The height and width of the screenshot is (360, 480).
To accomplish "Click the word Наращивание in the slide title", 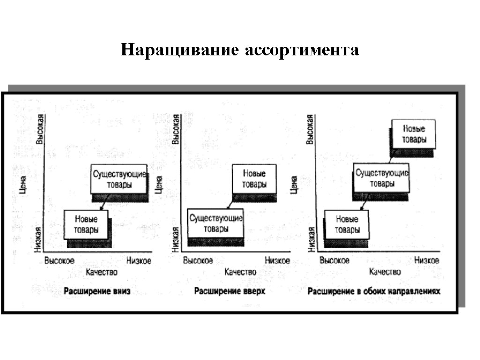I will (x=180, y=50).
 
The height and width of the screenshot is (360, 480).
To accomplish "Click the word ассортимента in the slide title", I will (x=301, y=50).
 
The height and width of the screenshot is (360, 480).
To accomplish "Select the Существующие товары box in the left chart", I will (x=120, y=179).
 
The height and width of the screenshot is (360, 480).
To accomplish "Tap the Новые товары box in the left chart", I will (x=86, y=225).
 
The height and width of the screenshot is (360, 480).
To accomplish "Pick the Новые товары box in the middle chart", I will (x=254, y=179).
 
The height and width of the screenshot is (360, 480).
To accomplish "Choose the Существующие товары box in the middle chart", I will (x=216, y=224).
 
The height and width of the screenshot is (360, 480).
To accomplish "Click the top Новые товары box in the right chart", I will (x=413, y=134).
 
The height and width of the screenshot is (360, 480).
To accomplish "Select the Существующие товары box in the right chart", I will (x=382, y=178).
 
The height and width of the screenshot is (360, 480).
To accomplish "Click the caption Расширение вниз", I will (x=97, y=292).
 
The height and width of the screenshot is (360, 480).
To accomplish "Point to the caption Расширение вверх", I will (x=230, y=291).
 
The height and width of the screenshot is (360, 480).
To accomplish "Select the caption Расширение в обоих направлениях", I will (x=374, y=291).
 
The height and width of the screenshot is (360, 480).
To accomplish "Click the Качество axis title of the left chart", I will (x=101, y=272).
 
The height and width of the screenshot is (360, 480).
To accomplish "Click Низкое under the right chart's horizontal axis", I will (x=427, y=260).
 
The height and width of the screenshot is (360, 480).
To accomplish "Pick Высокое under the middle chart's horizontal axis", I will (x=198, y=261).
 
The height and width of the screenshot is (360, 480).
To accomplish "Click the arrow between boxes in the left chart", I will (x=104, y=201).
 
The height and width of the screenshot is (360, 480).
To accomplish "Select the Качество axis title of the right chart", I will (x=385, y=272).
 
